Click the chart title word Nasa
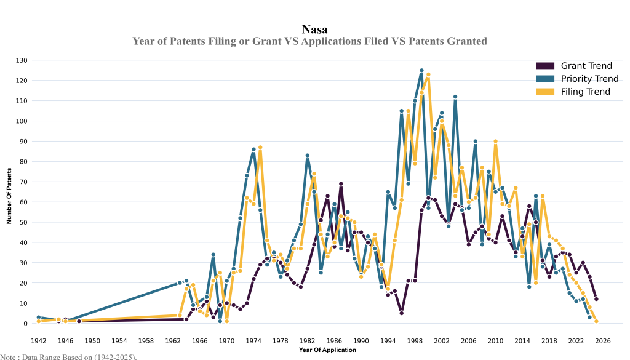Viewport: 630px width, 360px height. click(315, 30)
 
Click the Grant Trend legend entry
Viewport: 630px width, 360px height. click(585, 66)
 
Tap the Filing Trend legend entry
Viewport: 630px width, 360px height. click(585, 92)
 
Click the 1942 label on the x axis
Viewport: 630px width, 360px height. click(38, 340)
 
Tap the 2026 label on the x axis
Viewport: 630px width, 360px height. click(603, 340)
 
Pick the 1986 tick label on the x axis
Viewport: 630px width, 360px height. click(334, 340)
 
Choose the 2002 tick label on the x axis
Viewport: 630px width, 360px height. click(442, 340)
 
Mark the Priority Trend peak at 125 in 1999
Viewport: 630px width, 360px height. click(421, 71)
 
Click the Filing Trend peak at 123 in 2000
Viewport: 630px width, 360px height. click(428, 74)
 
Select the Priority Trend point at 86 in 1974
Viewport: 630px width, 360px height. click(253, 150)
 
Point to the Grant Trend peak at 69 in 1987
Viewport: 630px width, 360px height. click(341, 184)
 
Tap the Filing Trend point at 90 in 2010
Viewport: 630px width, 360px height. click(495, 142)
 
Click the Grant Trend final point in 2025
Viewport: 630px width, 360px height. click(596, 299)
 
